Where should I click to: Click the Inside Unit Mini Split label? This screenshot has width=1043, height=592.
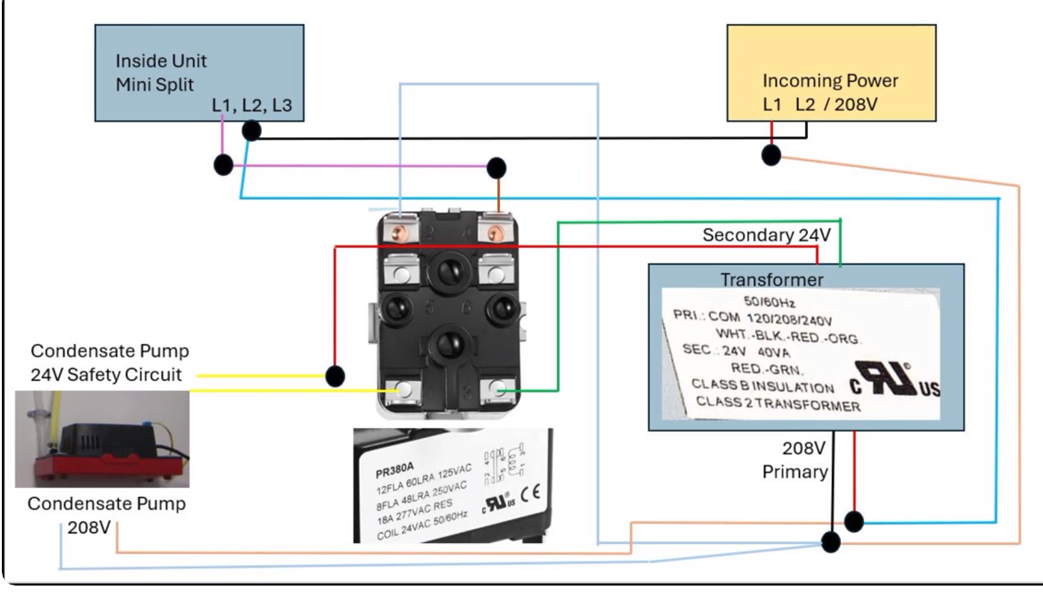click(161, 73)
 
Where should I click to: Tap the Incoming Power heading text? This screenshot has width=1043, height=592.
click(830, 80)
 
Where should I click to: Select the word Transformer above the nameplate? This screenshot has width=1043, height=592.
click(772, 279)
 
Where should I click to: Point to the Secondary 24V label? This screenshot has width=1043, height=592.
click(766, 235)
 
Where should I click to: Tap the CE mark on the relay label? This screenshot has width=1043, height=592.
click(530, 493)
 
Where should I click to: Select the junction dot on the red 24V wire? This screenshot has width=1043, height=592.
click(336, 376)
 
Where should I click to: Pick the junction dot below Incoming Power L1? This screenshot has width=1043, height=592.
click(771, 155)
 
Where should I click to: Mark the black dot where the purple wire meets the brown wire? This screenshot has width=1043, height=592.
click(496, 168)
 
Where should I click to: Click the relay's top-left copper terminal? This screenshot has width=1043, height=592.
click(400, 232)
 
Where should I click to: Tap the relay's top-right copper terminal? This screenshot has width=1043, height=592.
click(495, 232)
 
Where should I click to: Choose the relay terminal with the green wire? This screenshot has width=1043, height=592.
click(497, 390)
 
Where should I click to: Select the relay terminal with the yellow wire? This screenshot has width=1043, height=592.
click(403, 390)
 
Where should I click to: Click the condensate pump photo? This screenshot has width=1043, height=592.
click(102, 439)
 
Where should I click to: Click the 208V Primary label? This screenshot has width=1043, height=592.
click(796, 459)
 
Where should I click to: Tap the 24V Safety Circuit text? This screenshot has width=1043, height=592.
click(106, 374)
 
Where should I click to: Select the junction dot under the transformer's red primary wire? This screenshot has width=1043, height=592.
click(854, 521)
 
